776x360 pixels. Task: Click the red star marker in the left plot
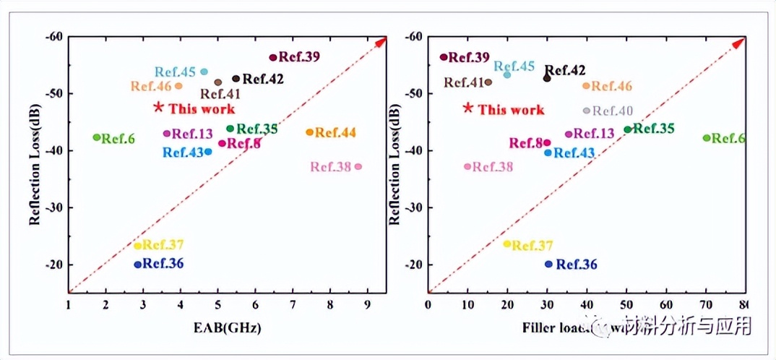point(159,107)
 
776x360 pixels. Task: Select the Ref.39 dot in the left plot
point(273,57)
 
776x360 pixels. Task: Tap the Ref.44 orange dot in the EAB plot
point(310,132)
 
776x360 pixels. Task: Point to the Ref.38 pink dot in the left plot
point(358,167)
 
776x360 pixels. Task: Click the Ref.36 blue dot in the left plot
point(138,265)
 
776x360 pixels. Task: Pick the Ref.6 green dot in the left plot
point(97,137)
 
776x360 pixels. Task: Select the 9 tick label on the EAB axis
point(368,307)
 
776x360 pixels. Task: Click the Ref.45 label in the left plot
point(174,72)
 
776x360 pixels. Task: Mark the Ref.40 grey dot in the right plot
point(587,111)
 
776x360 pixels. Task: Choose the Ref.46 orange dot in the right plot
point(587,86)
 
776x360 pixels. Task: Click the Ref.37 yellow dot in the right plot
point(507,244)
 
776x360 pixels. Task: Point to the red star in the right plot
point(468,108)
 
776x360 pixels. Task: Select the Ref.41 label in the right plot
point(463,82)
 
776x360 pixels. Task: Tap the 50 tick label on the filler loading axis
point(626,307)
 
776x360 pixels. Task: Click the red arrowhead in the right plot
point(738,43)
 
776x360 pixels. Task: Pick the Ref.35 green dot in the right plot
point(628,129)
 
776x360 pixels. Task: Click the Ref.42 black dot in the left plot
point(236,79)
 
